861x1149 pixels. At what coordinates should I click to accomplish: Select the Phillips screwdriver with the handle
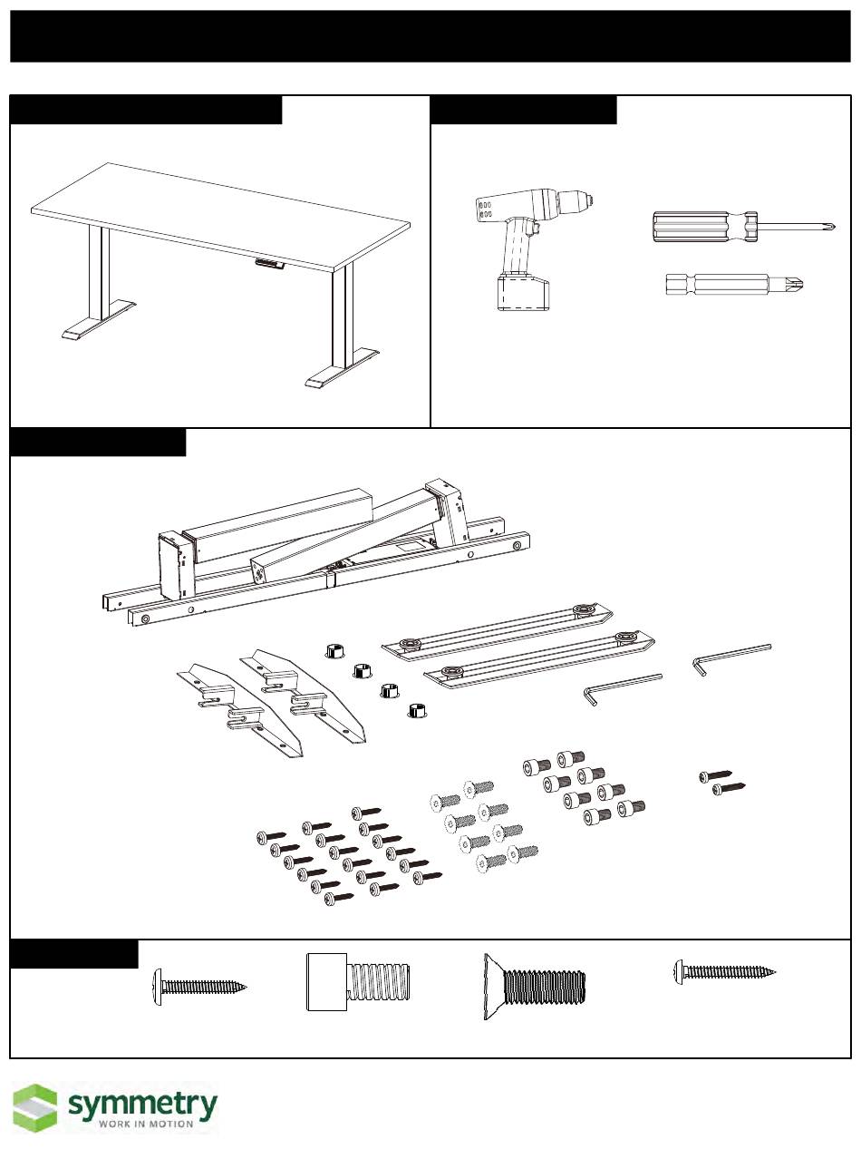[743, 223]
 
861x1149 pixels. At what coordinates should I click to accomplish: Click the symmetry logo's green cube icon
[34, 1108]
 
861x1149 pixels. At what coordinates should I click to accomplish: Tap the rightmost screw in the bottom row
[725, 972]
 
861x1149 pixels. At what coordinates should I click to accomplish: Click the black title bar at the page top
[430, 36]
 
